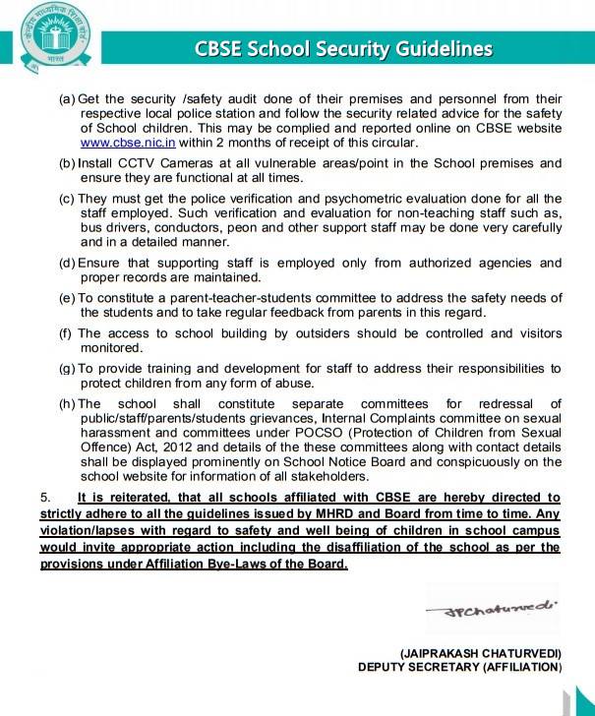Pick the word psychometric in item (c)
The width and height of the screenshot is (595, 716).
coord(353,199)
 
